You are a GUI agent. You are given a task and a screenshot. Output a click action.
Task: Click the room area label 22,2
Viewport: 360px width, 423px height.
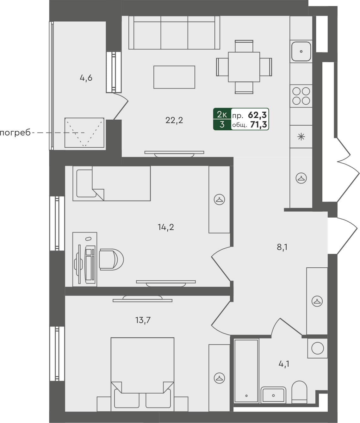tap(174, 120)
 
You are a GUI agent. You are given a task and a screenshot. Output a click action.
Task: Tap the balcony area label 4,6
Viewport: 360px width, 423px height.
tap(86, 78)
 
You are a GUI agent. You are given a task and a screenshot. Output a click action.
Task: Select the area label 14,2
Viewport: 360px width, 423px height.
tap(166, 227)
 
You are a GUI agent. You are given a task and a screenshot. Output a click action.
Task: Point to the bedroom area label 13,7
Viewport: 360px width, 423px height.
tap(143, 320)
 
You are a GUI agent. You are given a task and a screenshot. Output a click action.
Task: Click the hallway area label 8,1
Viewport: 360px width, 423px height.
tap(282, 247)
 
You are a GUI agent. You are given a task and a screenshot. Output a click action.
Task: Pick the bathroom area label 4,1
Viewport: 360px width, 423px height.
tap(284, 364)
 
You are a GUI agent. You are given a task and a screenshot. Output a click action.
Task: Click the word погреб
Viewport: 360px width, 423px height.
tap(15, 133)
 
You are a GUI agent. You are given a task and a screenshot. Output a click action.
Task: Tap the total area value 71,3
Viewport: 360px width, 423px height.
tap(258, 125)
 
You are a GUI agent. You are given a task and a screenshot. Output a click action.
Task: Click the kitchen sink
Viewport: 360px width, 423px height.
tap(301, 51)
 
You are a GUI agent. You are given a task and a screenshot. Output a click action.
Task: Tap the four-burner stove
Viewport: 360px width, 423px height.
tap(301, 96)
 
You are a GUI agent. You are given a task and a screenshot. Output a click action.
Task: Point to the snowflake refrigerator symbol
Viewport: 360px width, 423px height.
tap(301, 137)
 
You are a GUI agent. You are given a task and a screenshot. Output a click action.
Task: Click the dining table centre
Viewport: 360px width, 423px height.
tap(244, 67)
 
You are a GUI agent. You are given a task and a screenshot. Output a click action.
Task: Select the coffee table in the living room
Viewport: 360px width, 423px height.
tap(174, 77)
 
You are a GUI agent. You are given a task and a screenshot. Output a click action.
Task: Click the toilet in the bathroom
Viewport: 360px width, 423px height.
tap(299, 392)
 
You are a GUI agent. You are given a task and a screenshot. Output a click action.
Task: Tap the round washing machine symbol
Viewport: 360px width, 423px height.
tap(318, 348)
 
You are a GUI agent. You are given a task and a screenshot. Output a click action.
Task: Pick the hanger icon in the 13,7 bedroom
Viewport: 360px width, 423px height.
tap(219, 377)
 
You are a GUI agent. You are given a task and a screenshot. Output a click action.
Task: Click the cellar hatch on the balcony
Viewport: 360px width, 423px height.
tap(84, 133)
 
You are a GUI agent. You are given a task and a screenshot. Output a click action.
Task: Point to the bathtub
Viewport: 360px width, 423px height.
tap(246, 370)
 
